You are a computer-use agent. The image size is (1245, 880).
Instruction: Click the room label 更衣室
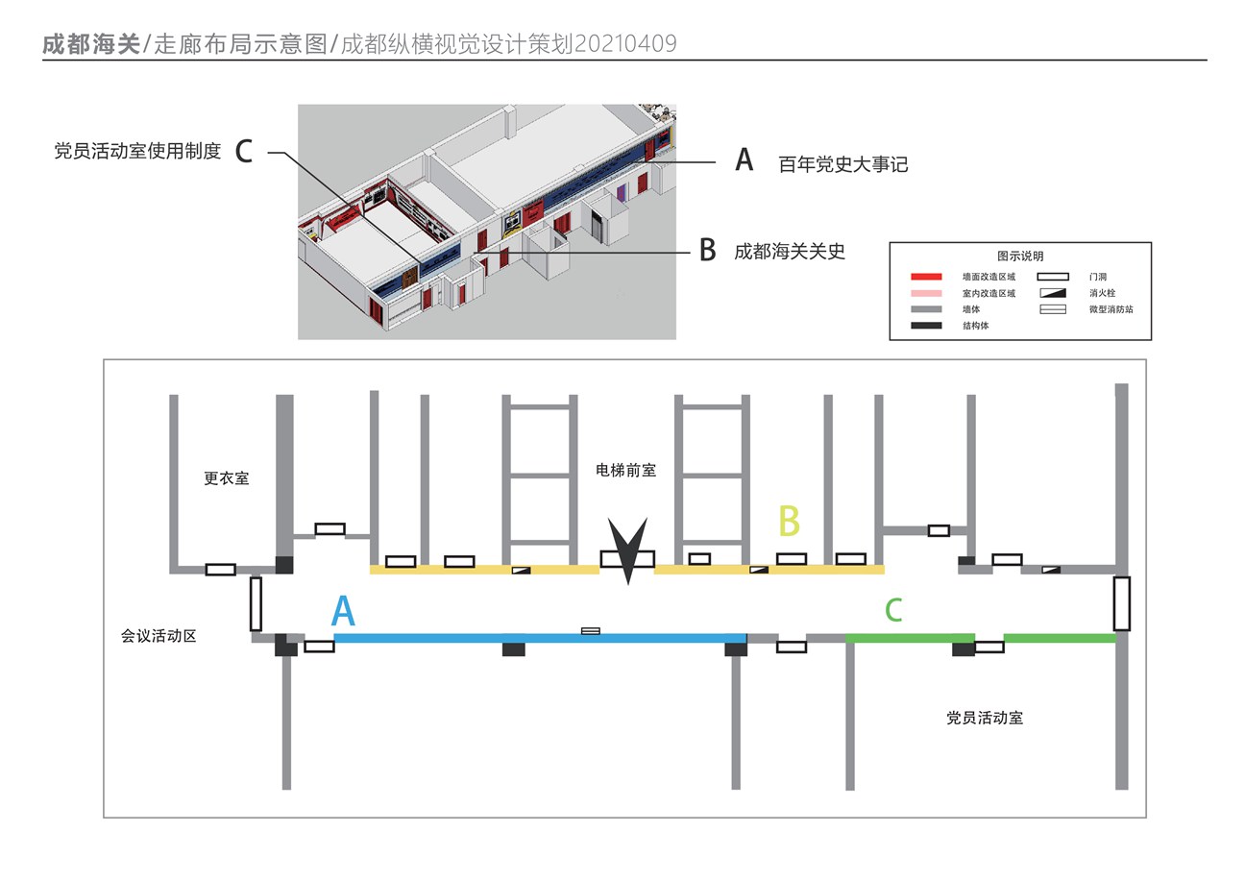pos(226,478)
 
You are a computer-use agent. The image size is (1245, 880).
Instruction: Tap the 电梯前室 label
pos(625,470)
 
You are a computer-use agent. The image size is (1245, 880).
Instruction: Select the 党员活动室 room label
pos(984,718)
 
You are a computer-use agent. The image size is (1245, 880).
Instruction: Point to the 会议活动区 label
pos(159,636)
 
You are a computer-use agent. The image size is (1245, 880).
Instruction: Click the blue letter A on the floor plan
pos(343,612)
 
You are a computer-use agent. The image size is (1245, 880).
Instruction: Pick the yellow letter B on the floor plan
pos(789,522)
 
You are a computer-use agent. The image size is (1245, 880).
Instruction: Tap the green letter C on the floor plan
pos(893,610)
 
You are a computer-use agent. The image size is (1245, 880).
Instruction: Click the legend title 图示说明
pos(1019,257)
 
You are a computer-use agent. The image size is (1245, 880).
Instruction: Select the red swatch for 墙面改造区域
pos(926,277)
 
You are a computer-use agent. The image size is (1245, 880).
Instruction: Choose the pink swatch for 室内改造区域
pos(926,293)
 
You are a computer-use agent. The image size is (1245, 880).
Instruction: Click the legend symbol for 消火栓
pos(1052,293)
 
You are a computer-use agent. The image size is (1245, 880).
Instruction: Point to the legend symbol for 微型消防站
pos(1052,309)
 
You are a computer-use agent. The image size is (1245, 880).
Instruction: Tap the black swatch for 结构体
pos(926,326)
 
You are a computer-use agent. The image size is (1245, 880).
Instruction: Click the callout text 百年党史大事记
pos(842,164)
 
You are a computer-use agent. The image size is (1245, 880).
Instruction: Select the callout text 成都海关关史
pos(790,252)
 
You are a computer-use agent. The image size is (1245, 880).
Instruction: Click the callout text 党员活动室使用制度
pos(137,151)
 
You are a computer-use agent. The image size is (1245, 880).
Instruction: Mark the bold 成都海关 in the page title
pos(91,44)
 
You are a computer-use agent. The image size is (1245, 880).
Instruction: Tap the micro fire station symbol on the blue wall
pos(591,631)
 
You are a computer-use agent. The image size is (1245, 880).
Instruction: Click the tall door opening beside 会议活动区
pos(256,603)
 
